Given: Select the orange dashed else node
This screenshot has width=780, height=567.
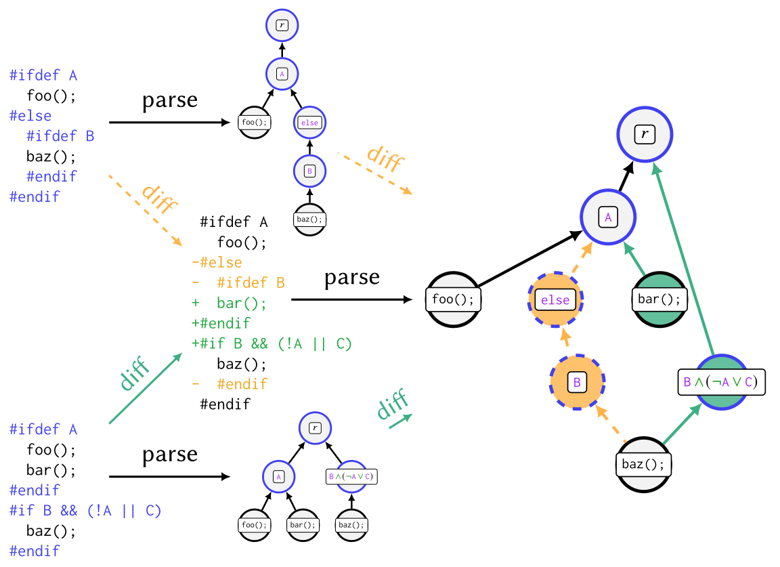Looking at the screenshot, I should pos(555,299).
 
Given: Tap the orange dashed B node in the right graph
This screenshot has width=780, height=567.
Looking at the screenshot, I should pos(577,382).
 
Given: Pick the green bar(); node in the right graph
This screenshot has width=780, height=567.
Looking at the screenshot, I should pos(659,299).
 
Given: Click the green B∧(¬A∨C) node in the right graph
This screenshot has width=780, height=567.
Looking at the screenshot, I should pos(721,381).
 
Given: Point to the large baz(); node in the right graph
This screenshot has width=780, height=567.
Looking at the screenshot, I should pos(644,464).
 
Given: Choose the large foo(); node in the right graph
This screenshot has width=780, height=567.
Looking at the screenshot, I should pos(453,299).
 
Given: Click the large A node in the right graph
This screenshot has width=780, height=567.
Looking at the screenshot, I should pos(608,217).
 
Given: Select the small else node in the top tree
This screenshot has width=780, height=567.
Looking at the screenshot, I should pos(309,123).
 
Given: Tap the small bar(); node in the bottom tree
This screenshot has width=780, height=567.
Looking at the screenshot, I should pos(303,524).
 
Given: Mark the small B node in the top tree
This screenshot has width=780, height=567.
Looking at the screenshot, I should pos(309,171).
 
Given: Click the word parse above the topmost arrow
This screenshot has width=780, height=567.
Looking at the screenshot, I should pos(169,100).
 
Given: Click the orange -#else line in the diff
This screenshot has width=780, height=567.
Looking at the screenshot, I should pos(217,263).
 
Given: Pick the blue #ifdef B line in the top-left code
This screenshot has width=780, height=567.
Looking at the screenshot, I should pos(60,136).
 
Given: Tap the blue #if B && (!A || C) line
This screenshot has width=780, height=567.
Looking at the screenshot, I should pos(85,510).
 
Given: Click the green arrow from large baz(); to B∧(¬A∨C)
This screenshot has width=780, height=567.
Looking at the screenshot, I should pos(682,425).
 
